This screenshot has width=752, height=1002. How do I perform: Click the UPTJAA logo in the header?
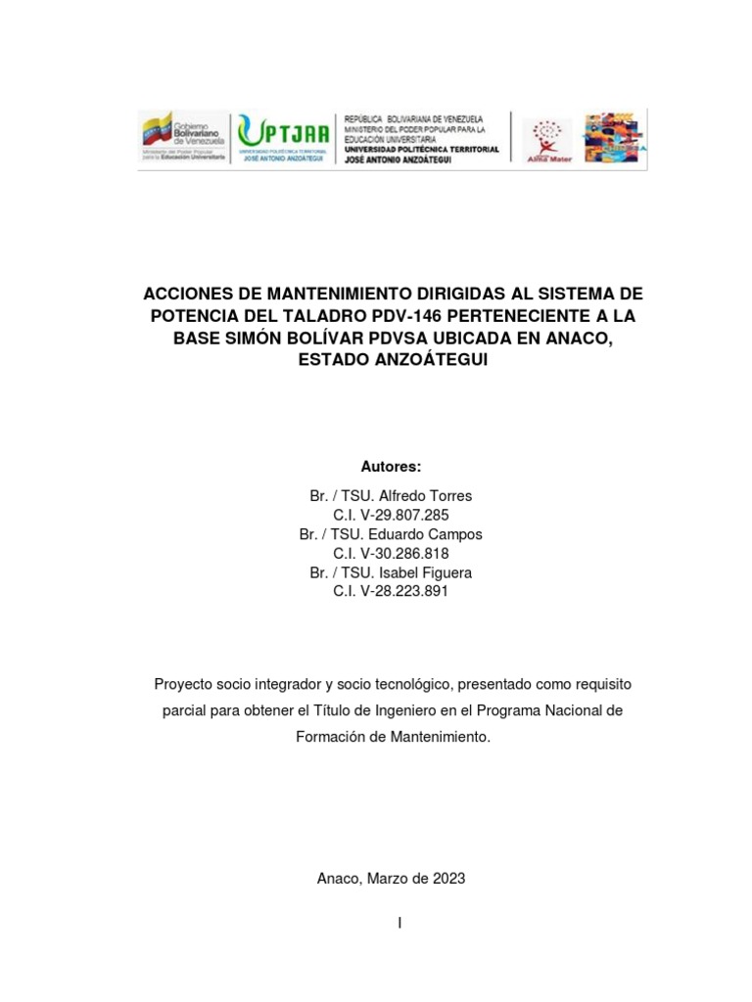[x=285, y=138]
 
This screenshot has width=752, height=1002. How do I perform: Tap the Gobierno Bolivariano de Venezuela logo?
[x=183, y=138]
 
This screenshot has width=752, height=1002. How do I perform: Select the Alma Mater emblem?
[x=548, y=139]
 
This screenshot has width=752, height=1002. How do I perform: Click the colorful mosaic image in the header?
[x=614, y=138]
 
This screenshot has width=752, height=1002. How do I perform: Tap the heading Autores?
[x=391, y=467]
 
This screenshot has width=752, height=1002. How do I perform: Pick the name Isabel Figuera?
[x=432, y=572]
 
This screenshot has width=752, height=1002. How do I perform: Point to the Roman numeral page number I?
[x=399, y=923]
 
